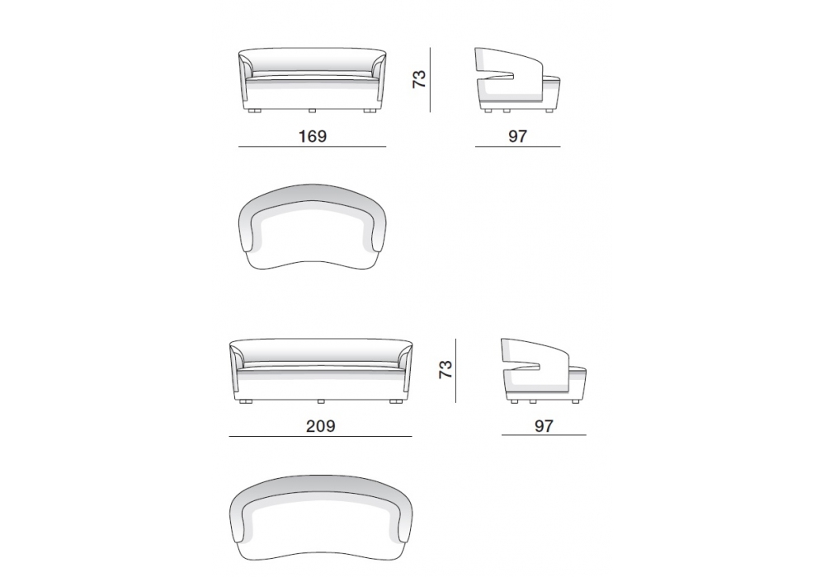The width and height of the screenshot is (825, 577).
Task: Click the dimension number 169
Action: click(x=313, y=136)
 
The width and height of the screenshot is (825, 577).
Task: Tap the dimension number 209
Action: click(x=320, y=425)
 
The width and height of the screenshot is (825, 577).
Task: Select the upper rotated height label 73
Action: click(x=419, y=79)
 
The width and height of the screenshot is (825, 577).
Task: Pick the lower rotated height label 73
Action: click(x=445, y=369)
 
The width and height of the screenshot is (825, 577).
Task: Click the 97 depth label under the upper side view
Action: click(x=517, y=136)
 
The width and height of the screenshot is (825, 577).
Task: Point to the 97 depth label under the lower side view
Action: click(x=544, y=425)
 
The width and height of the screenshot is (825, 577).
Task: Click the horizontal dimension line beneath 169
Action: click(x=312, y=147)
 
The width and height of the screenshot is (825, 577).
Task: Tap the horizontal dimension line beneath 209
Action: click(x=320, y=436)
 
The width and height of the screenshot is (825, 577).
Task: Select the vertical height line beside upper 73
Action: click(x=430, y=80)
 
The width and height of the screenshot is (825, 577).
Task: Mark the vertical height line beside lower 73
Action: click(x=455, y=370)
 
